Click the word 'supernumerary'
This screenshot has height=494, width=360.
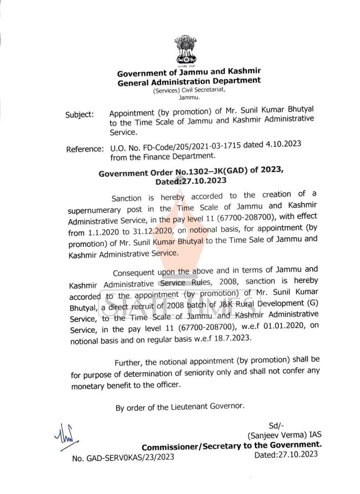[95, 210]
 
